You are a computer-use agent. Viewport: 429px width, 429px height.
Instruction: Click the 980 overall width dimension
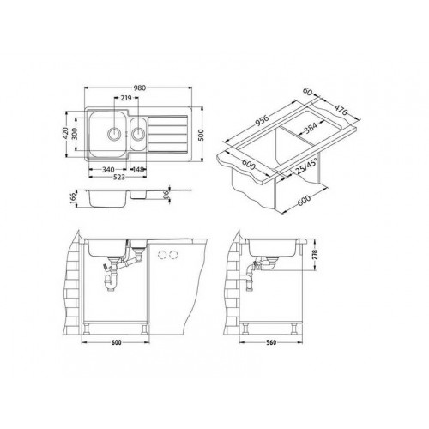click(140, 88)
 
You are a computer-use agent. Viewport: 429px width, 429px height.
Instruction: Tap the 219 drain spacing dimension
click(126, 98)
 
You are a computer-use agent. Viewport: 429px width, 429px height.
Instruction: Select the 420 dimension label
click(65, 133)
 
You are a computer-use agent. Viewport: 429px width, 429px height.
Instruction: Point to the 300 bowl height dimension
click(75, 134)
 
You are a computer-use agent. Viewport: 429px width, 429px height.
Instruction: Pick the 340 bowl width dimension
click(108, 170)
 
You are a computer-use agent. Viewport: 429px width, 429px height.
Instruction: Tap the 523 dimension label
click(118, 178)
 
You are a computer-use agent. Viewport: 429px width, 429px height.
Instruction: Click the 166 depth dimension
click(72, 198)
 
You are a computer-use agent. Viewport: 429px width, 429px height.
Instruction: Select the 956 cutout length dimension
click(261, 119)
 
